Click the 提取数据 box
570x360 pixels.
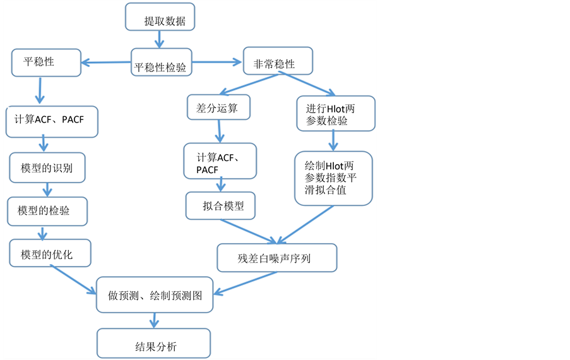tap(160, 18)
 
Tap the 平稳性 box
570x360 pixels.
tap(46, 63)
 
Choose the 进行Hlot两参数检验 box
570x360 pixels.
tap(335, 114)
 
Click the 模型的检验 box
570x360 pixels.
tap(47, 211)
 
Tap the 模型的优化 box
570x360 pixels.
tap(50, 254)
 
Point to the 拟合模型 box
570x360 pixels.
tap(220, 206)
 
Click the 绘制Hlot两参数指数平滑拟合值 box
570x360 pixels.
tap(333, 178)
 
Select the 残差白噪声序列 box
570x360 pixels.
tap(276, 258)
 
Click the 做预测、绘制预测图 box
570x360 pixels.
tap(155, 294)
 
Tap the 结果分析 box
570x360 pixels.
tap(153, 344)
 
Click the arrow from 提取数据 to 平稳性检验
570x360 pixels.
tap(159, 39)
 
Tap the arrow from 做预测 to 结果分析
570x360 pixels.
tap(153, 320)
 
